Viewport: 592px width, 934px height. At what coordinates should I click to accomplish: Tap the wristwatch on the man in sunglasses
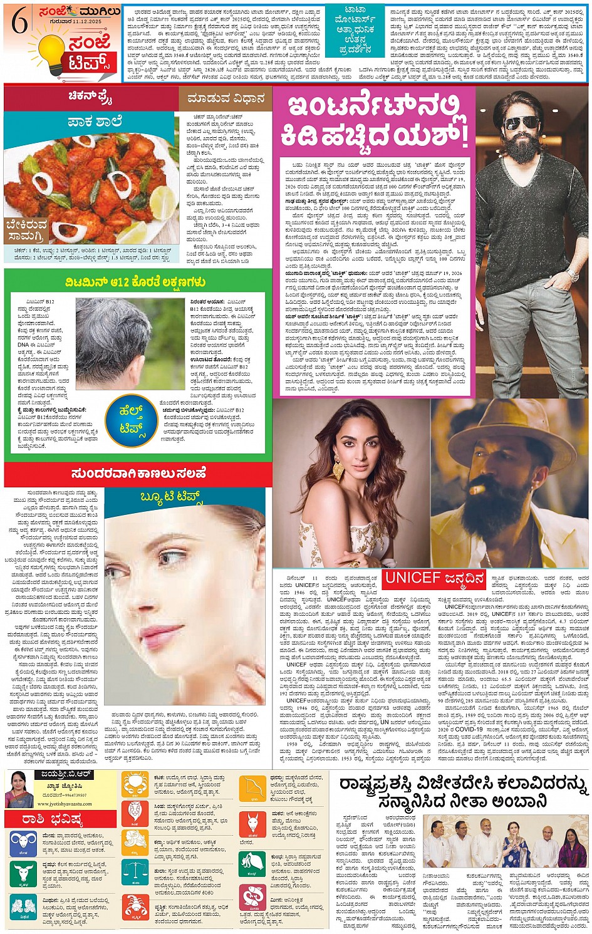[571, 274]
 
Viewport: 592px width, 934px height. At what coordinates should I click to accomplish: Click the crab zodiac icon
[135, 784]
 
